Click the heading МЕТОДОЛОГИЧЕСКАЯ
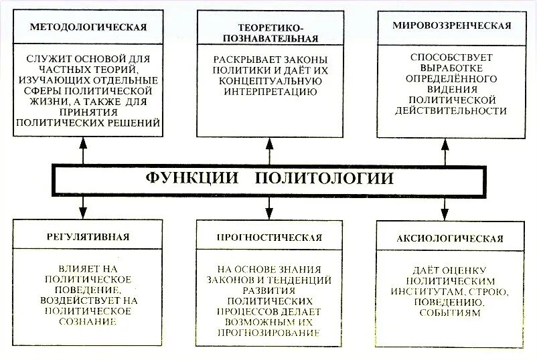click(88, 27)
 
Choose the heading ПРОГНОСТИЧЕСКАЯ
click(270, 237)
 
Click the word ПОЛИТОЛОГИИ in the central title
click(324, 179)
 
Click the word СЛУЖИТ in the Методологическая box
click(50, 59)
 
